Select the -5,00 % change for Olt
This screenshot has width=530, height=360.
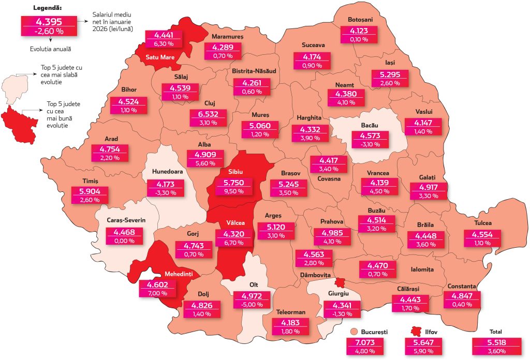(x=252, y=305)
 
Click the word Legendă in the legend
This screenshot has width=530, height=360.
(x=48, y=8)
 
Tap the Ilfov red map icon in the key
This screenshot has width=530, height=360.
(x=415, y=332)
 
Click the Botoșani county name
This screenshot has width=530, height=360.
(x=360, y=20)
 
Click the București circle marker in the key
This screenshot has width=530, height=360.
(x=354, y=332)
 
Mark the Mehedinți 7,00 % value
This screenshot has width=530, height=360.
(x=157, y=293)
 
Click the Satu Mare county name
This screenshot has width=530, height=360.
(x=160, y=57)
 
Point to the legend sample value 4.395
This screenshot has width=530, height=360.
(x=49, y=22)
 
